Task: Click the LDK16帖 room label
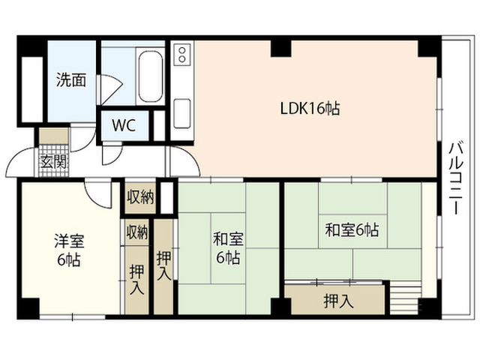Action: (310, 108)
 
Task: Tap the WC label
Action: (124, 125)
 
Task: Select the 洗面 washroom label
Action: (71, 80)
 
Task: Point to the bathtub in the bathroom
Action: (150, 76)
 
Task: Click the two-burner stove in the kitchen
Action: (182, 54)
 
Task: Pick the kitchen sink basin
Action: (182, 113)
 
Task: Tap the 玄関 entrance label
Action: (53, 161)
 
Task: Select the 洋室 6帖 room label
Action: (69, 250)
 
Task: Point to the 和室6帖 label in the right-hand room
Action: (352, 230)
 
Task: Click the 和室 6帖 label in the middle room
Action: (228, 248)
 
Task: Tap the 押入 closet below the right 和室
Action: (338, 301)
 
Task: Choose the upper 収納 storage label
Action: (140, 196)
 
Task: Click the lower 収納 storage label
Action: (137, 232)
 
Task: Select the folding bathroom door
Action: (110, 89)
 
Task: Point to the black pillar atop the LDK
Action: (280, 48)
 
